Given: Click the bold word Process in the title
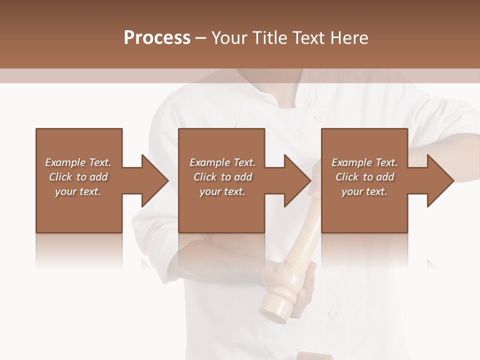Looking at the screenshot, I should pyautogui.click(x=157, y=38).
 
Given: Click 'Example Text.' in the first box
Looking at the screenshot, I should pyautogui.click(x=78, y=162).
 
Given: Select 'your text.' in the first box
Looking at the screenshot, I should pyautogui.click(x=78, y=191).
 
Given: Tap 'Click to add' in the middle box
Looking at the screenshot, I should pyautogui.click(x=222, y=177).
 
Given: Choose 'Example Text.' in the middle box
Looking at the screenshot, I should pyautogui.click(x=222, y=162).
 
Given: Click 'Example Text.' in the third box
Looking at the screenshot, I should pyautogui.click(x=364, y=162).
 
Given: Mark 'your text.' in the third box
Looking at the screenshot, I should pyautogui.click(x=364, y=191).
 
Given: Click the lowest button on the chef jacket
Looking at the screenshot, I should pyautogui.click(x=333, y=315).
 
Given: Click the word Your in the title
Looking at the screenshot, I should pyautogui.click(x=230, y=38).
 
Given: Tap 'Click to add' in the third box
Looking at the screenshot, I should pyautogui.click(x=364, y=177).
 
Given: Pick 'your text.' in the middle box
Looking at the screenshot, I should pyautogui.click(x=222, y=191).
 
